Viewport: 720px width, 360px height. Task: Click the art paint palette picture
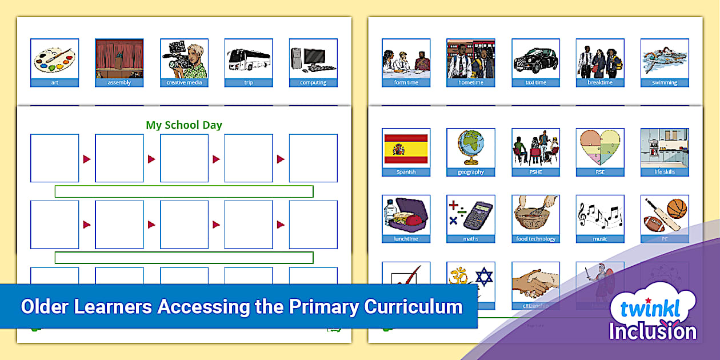[x=54, y=59]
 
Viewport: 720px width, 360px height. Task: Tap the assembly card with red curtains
[x=119, y=59]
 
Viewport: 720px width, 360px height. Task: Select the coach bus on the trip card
[x=249, y=59]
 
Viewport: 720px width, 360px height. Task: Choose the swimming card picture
[x=665, y=59]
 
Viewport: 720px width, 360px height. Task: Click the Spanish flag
[x=406, y=149]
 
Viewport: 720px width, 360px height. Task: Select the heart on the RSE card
[x=599, y=149]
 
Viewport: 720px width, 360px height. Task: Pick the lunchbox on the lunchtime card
[x=406, y=216]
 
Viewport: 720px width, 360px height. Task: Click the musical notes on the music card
[x=599, y=215]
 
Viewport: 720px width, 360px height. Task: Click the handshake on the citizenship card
[x=535, y=282]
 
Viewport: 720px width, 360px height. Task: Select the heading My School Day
[x=184, y=125]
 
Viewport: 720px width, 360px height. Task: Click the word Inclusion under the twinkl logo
[x=653, y=332]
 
